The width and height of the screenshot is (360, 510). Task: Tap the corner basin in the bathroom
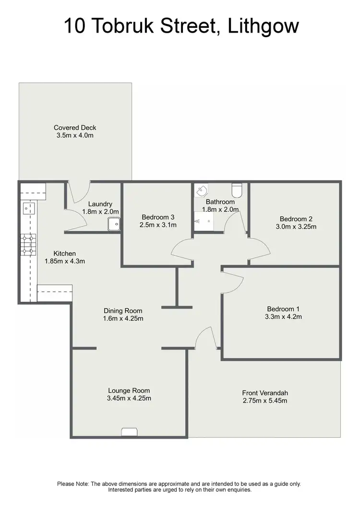tap(200, 191)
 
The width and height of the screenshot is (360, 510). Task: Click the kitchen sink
tap(28, 208)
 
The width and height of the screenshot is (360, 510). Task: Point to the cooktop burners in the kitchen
tap(28, 244)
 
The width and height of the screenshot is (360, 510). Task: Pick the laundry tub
tap(114, 224)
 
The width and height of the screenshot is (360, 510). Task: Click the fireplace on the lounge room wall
tap(130, 432)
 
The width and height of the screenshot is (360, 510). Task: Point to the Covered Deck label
tap(75, 127)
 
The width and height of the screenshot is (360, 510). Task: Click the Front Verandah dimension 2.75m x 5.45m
tap(265, 401)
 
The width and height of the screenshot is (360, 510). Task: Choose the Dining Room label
tap(123, 311)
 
